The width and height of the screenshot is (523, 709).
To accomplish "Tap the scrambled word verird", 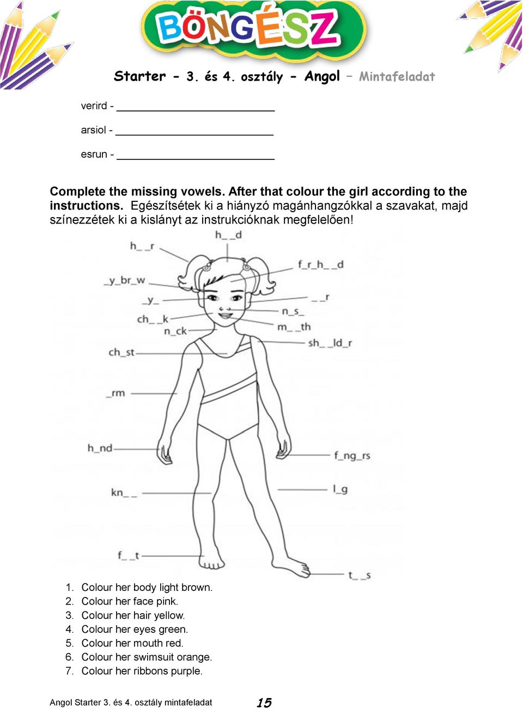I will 94,106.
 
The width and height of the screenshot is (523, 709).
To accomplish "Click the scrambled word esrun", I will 94,155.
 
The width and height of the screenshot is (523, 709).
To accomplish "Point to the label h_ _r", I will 142,246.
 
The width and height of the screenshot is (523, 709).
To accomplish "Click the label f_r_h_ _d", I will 320,264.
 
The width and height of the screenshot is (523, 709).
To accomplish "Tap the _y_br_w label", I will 125,280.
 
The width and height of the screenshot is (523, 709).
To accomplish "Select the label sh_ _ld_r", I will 330,343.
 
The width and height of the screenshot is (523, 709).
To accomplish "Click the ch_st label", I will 121,352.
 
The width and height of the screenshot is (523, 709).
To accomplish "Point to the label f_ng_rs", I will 352,455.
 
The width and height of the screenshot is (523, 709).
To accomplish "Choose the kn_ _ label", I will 124,492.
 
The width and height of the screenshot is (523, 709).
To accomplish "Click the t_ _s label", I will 360,575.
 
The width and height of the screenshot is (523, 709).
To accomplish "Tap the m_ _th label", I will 294,327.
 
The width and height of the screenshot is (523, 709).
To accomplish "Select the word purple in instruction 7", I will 185,671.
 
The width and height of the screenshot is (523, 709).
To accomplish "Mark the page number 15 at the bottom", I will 264,702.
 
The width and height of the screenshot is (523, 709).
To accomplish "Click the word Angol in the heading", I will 322,76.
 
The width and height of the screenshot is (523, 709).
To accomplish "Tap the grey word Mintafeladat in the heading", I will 397,77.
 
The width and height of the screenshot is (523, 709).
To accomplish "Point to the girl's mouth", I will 224,315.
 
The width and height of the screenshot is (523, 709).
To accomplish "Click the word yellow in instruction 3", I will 169,615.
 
